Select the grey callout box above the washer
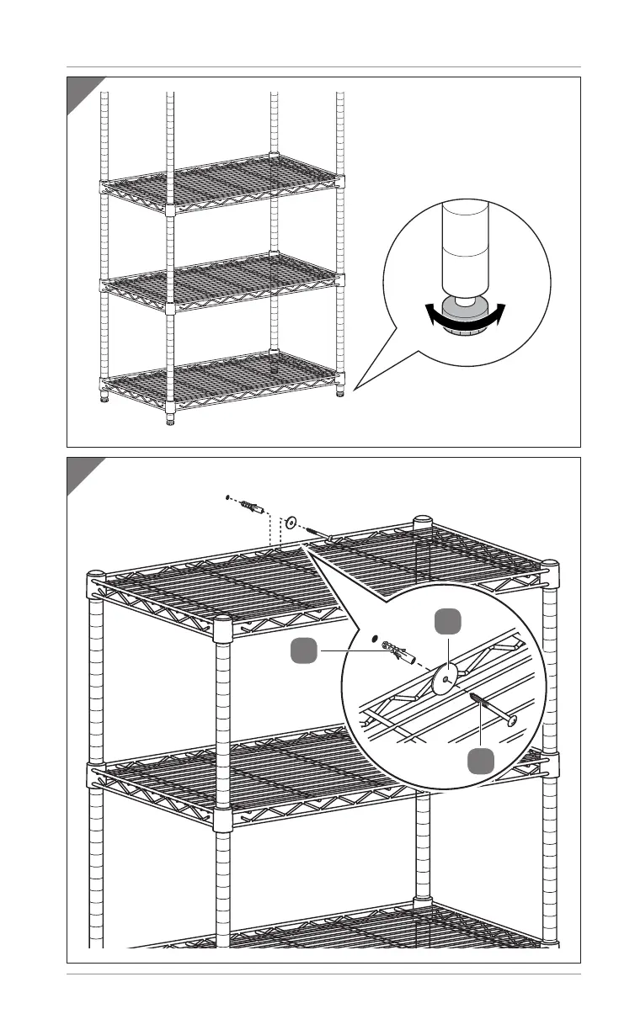(448, 624)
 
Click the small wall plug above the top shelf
(249, 507)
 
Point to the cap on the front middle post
(222, 624)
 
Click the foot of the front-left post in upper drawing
(170, 422)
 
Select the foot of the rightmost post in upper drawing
(340, 392)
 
